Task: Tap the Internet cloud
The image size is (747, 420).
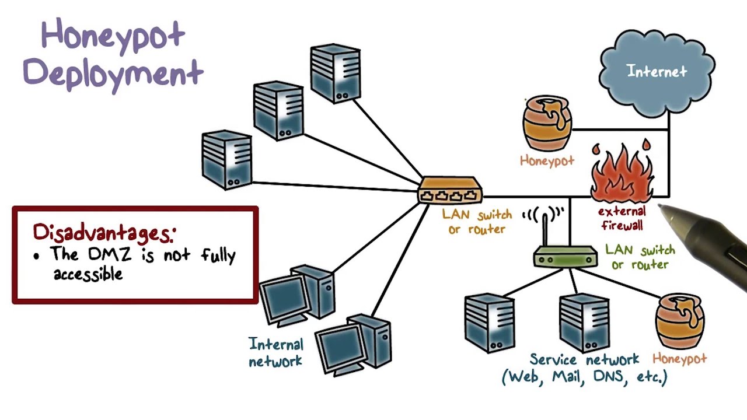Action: tap(657, 72)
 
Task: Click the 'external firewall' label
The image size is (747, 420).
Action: tap(622, 218)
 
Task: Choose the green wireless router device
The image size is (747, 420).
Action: tap(565, 257)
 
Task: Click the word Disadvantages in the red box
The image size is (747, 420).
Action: tap(103, 232)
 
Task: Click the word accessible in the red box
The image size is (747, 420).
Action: tap(88, 274)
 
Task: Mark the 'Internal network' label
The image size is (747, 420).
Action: tap(275, 352)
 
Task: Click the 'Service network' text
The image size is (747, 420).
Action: tap(584, 359)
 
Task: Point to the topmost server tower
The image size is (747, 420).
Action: tap(336, 73)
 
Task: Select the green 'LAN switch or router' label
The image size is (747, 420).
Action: tap(640, 257)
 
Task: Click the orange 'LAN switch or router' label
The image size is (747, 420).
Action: tap(477, 222)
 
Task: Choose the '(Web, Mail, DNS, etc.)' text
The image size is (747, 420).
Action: tap(584, 377)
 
